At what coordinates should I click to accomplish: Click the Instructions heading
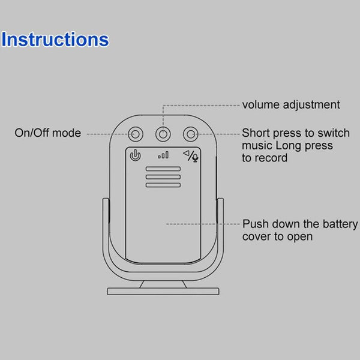pos(55,40)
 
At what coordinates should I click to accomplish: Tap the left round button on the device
pos(136,133)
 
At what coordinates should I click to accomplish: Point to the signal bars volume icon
pos(163,155)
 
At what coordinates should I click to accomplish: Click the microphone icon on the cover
pos(196,158)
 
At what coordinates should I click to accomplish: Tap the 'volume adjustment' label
pos(290,105)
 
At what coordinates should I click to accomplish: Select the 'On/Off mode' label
pos(47,133)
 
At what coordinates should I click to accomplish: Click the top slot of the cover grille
pos(163,170)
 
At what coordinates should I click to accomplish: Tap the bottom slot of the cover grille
pos(163,185)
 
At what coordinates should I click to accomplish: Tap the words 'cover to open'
pos(277,236)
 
